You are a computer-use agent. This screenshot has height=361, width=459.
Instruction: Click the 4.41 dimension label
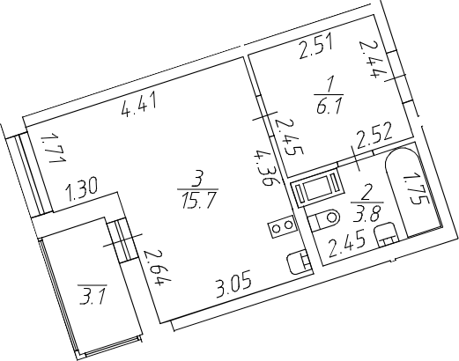coord(139,105)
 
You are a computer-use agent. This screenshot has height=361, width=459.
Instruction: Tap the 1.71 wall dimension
coord(53,149)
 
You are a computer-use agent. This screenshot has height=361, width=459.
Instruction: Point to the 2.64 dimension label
coord(157,267)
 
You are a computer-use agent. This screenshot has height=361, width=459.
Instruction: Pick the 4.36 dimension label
coord(263,167)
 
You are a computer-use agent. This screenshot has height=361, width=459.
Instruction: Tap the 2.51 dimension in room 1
coord(315,47)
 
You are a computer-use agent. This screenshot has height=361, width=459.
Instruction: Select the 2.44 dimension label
coord(371,59)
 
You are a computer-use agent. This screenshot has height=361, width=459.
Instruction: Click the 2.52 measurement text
coord(374,136)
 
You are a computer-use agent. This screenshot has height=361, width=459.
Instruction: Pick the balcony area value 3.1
coord(92,296)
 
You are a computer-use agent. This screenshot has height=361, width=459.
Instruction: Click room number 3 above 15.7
coord(198,180)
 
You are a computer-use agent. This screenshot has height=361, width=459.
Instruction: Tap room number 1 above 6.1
coord(329,85)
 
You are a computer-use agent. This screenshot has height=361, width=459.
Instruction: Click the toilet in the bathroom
coord(324,219)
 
